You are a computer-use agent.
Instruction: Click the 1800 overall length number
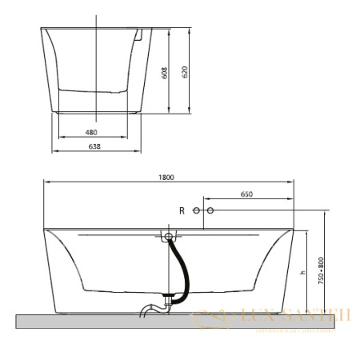coord(166,178)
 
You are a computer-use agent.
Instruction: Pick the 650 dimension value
coord(246,194)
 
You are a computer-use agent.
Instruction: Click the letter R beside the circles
coord(182,210)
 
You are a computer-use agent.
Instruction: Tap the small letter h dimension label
coord(302,273)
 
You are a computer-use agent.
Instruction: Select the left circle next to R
coord(196,210)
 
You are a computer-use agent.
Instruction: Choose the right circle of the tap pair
coord(211,210)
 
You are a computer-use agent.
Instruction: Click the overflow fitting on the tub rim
coord(169,237)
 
